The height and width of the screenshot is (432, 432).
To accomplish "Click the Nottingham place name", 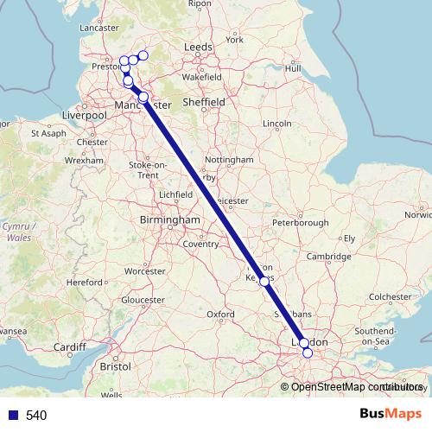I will click(230, 160).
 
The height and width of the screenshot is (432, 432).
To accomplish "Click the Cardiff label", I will click(69, 348).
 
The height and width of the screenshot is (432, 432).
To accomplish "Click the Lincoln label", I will click(276, 124).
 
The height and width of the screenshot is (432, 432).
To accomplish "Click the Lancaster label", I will click(98, 28).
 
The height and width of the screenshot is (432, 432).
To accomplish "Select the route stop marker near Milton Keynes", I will click(264, 281).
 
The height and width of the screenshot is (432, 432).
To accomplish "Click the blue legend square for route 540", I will click(12, 416).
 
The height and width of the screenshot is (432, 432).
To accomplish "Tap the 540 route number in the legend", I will click(36, 416).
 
